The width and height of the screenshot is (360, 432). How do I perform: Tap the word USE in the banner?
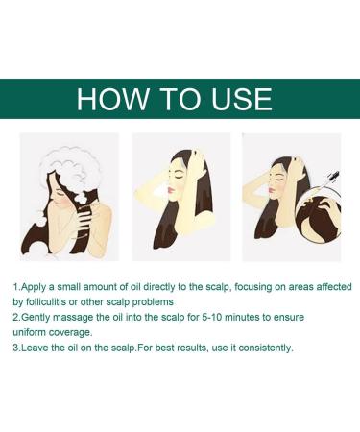234,99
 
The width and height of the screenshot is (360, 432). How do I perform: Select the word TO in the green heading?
170,99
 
